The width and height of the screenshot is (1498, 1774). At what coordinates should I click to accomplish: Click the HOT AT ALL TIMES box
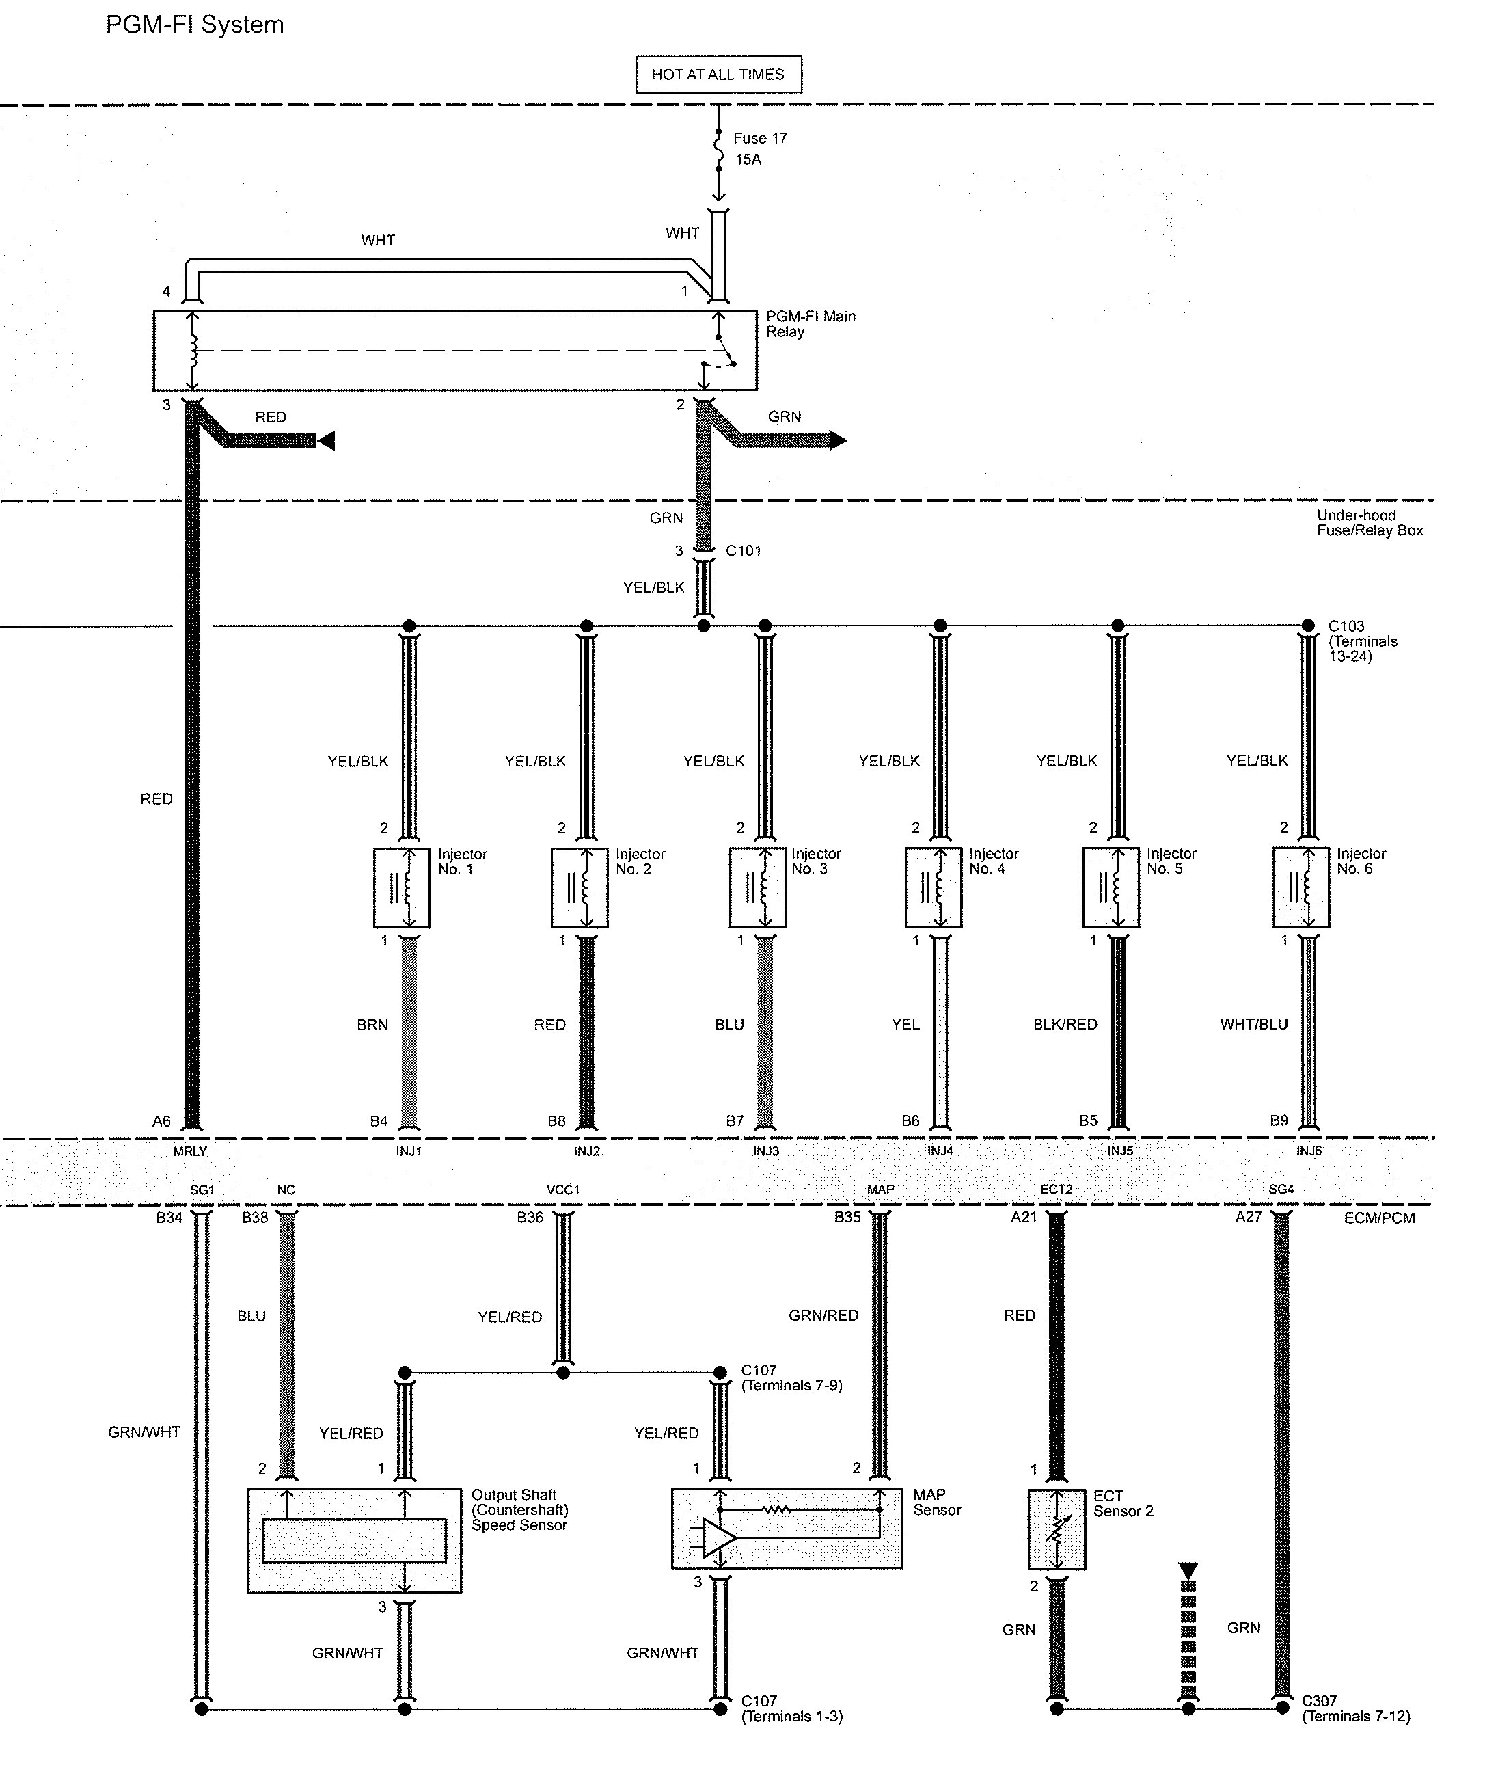click(718, 75)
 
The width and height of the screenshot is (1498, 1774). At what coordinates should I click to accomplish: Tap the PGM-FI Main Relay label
click(810, 324)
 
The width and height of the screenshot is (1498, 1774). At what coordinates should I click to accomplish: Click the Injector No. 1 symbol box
click(402, 888)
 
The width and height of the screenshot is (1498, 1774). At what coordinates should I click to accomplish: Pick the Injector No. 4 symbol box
click(934, 888)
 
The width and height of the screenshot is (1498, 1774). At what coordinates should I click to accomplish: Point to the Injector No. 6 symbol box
click(1301, 888)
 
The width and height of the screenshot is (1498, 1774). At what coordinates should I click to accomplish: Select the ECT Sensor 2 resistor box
click(1057, 1540)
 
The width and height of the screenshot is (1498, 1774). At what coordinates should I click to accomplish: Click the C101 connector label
click(743, 550)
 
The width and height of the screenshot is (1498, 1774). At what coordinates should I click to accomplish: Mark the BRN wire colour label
click(372, 1025)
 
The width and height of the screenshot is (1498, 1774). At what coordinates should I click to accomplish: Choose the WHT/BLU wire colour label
click(1253, 1025)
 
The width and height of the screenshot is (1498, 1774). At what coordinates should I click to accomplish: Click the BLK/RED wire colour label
click(1065, 1025)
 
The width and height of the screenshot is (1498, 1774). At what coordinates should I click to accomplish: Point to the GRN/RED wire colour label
click(823, 1315)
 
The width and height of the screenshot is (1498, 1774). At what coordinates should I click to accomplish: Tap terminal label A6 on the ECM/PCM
click(161, 1122)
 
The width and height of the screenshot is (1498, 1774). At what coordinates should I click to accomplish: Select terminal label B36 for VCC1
click(530, 1218)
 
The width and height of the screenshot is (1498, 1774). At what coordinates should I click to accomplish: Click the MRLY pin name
click(190, 1151)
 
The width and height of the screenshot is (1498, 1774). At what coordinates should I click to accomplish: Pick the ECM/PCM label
click(1379, 1218)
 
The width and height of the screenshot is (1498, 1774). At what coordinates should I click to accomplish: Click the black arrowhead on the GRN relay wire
click(837, 440)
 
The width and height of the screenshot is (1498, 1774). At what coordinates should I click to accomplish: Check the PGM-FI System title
click(195, 25)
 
